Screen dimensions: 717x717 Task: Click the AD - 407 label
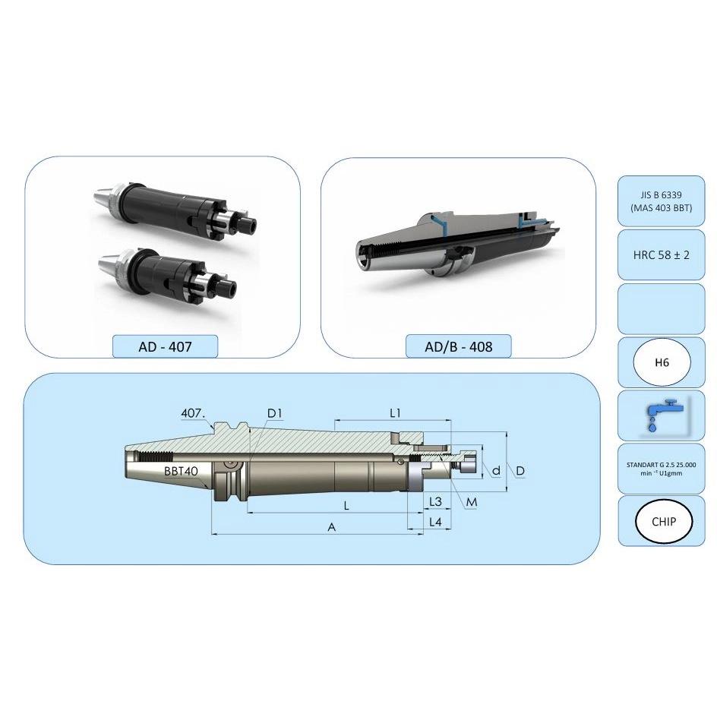[x=165, y=346]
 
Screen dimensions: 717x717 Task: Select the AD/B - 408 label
[x=459, y=346]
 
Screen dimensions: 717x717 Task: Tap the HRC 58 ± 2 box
[x=662, y=254]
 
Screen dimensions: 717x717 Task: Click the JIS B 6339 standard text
[x=662, y=194]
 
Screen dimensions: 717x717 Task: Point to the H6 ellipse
[x=662, y=362]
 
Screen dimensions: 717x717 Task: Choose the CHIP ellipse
[x=664, y=521]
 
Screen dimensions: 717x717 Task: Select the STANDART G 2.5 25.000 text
[x=662, y=465]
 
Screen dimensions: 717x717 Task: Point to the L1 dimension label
[x=395, y=413]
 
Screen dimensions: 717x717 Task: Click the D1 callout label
[x=274, y=413]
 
